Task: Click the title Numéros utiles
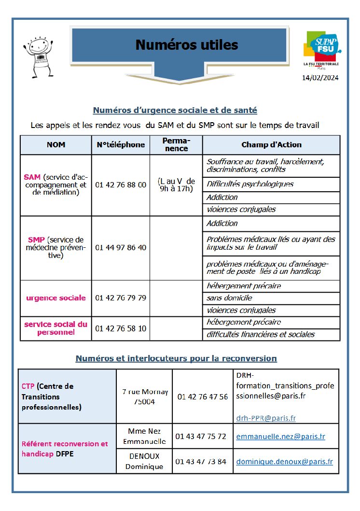pos(187,45)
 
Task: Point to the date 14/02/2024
pos(320,77)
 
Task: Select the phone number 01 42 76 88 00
pos(121,185)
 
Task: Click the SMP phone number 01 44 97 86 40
pos(121,247)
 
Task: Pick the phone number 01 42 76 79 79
pos(121,298)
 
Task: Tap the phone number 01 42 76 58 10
pos(121,328)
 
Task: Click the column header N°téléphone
pos(121,144)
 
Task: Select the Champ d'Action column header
pos(271,144)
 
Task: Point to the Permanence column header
pos(176,144)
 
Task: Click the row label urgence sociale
pos(56,298)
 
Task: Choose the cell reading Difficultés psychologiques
pos(250,184)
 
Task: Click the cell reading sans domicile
pos(229,298)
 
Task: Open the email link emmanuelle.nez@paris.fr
pos(280,437)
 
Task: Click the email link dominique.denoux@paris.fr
pos(284,462)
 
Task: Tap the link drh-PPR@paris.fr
pos(266,418)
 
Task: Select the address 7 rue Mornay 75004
pos(145,397)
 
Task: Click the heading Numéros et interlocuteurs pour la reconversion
pos(176,358)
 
